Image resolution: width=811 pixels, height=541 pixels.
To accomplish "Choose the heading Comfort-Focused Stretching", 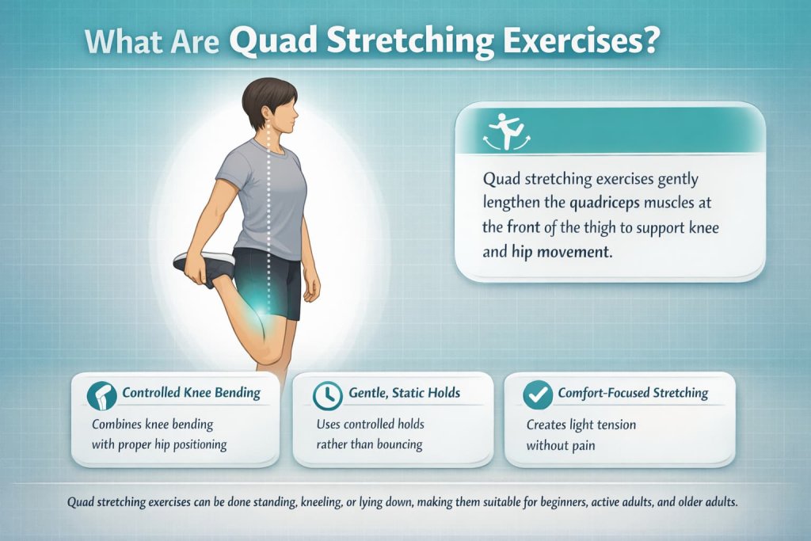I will tap(633, 393).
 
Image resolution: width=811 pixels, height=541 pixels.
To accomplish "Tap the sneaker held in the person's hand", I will tap(202, 265).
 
